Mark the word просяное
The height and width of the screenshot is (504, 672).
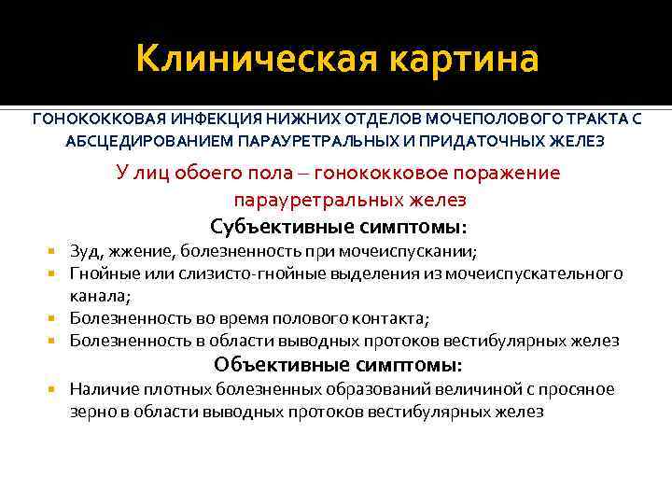coord(578,388)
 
